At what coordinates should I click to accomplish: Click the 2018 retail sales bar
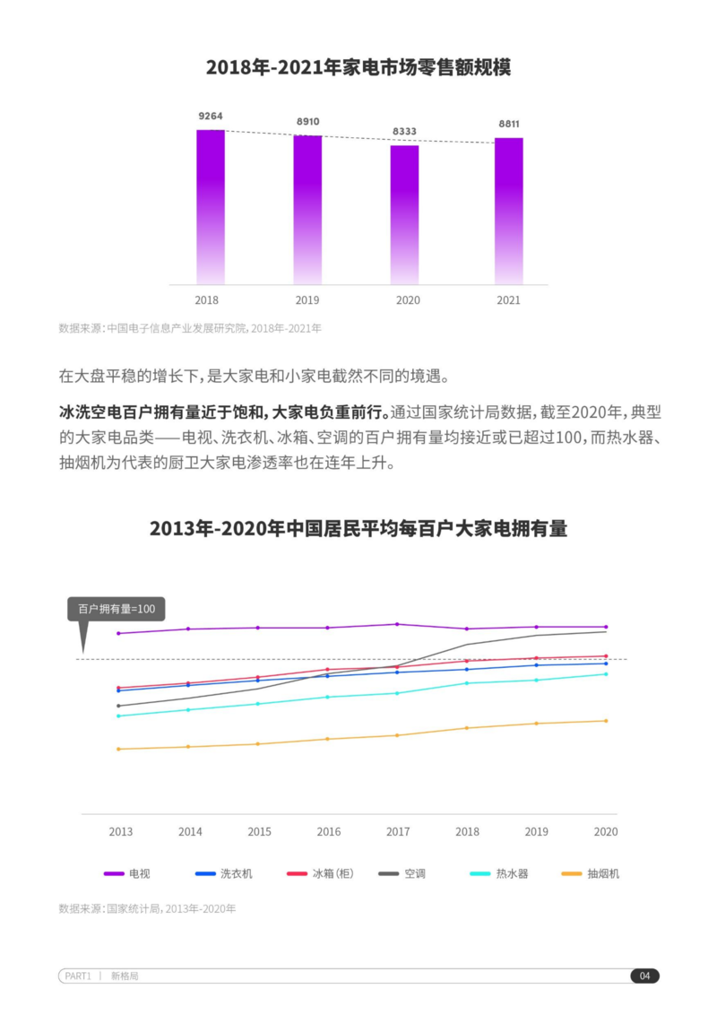coord(211,207)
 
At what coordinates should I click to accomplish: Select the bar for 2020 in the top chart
coord(404,214)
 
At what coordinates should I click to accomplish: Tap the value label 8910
coord(307,122)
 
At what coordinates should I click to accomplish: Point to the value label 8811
coord(509,124)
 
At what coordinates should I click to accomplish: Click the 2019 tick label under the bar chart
coord(307,300)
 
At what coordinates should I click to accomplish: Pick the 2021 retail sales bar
coord(508,211)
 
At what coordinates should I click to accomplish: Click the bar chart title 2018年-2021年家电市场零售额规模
coord(358,68)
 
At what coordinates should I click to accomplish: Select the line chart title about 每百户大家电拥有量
coord(358,528)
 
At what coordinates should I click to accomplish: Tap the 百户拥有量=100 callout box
coord(117,610)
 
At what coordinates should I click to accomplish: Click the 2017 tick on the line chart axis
coord(398,832)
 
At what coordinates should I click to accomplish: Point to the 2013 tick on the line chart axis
coord(121,832)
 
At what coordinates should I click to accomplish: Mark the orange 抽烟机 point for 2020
coord(606,721)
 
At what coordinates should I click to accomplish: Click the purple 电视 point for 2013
coord(118,633)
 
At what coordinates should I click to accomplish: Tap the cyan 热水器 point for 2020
coord(606,674)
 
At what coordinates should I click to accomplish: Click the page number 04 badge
coord(644,976)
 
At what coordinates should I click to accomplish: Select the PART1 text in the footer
coord(78,976)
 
